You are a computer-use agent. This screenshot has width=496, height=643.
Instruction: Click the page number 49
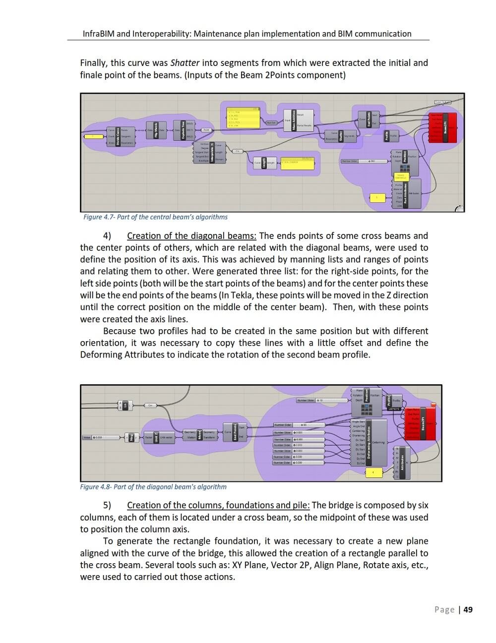468,610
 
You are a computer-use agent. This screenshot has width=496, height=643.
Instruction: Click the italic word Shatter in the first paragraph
185,63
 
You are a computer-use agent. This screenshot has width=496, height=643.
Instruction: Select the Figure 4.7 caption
155,217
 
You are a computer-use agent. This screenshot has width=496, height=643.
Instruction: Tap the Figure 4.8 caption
153,487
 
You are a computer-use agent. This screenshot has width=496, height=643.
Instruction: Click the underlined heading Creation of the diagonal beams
191,236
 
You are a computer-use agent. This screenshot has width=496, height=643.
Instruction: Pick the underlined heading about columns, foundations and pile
218,505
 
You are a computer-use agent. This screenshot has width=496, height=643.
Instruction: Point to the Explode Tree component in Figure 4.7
183,130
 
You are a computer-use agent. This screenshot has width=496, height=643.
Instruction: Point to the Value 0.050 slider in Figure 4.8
101,437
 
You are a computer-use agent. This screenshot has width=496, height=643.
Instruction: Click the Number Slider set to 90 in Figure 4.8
299,425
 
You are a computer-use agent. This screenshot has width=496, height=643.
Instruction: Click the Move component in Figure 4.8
199,435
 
